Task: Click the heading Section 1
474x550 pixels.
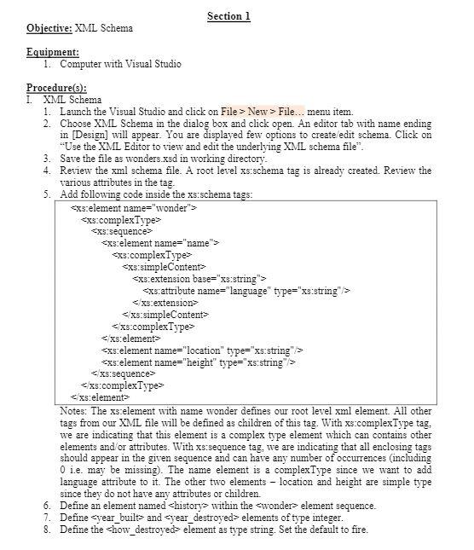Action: click(x=228, y=16)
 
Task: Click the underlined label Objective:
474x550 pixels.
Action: click(x=49, y=28)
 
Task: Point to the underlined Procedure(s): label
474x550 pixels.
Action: click(x=56, y=88)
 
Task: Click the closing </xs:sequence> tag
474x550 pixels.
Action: click(x=121, y=373)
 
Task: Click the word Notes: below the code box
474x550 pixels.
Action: click(x=74, y=410)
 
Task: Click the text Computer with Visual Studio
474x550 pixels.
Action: click(x=120, y=64)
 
